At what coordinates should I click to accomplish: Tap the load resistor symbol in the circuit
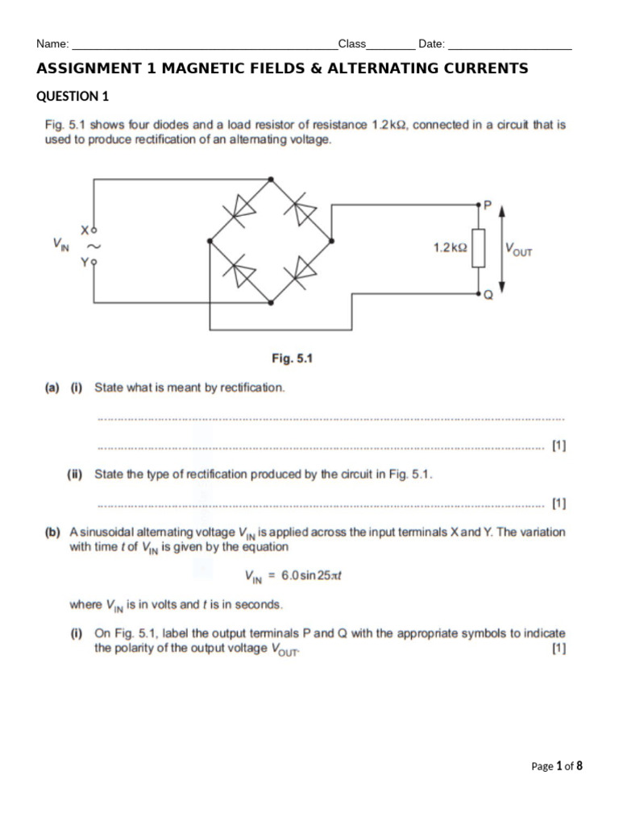click(x=478, y=247)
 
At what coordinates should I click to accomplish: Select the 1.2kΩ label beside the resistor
click(x=450, y=248)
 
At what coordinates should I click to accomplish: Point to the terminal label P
click(x=485, y=205)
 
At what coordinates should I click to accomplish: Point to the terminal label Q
click(x=487, y=295)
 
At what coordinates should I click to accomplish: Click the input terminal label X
click(x=84, y=229)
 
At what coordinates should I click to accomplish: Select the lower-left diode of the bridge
click(x=240, y=272)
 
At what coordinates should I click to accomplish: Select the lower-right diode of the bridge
click(x=304, y=270)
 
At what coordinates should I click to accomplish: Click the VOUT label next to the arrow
click(x=518, y=250)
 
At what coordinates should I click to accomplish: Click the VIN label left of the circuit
click(x=61, y=243)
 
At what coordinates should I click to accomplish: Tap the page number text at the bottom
click(x=556, y=766)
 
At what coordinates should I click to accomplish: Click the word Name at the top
click(x=52, y=44)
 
